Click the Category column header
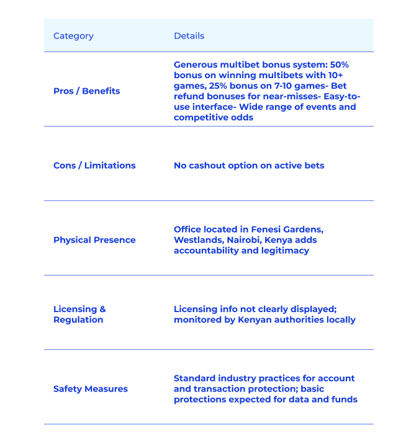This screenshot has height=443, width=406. tap(73, 36)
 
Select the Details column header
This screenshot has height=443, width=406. tap(189, 36)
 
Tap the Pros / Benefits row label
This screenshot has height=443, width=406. tap(86, 91)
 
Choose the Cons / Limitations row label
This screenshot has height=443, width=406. tap(94, 166)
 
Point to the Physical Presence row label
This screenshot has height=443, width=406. tap(94, 240)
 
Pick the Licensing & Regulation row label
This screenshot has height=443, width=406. tap(79, 315)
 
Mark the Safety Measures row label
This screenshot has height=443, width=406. tap(91, 389)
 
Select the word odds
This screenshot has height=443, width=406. tap(242, 118)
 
